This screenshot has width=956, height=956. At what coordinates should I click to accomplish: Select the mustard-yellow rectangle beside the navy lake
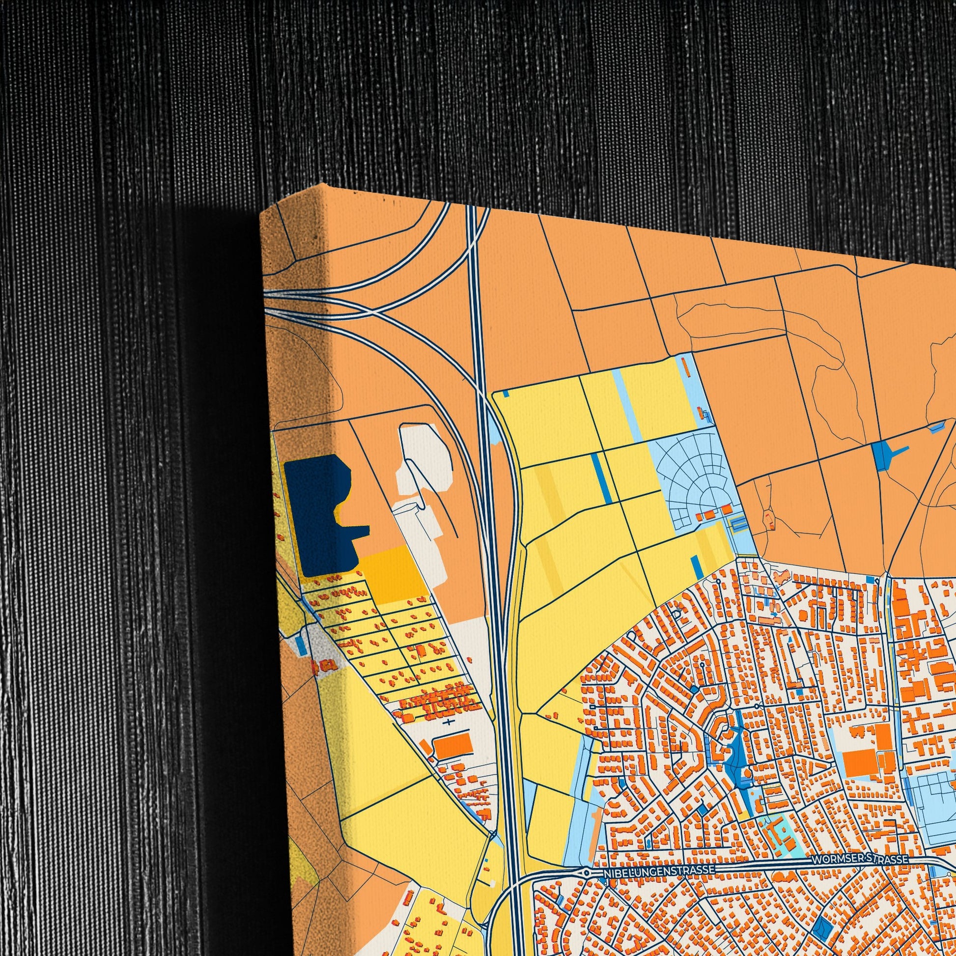391,572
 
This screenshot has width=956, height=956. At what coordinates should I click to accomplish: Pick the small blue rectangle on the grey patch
300,643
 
